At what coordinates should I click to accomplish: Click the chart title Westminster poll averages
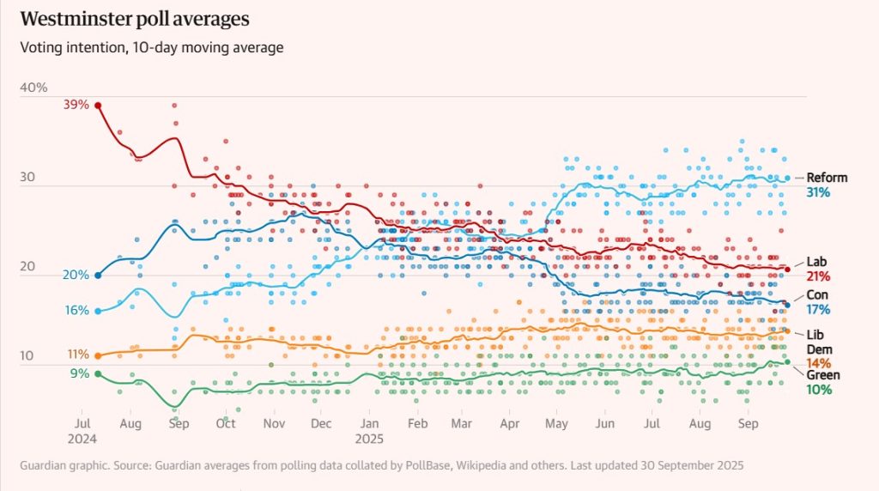136,18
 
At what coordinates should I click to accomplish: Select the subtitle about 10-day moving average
151,47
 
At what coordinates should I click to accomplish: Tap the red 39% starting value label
76,105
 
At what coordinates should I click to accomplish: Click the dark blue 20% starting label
76,275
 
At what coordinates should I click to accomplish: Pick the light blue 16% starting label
76,310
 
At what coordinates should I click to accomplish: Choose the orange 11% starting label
77,355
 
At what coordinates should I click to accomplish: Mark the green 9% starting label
79,373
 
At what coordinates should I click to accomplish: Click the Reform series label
826,178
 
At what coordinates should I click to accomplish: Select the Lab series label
817,261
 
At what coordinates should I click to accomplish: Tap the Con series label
817,294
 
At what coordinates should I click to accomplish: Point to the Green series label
822,375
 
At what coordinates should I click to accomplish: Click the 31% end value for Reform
818,193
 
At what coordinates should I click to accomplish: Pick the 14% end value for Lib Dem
818,363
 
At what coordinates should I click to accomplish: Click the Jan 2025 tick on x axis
370,424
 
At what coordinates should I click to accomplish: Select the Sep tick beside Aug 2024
179,424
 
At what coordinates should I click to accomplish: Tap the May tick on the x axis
557,424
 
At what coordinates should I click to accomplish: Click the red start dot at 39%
98,106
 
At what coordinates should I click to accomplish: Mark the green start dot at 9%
98,373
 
